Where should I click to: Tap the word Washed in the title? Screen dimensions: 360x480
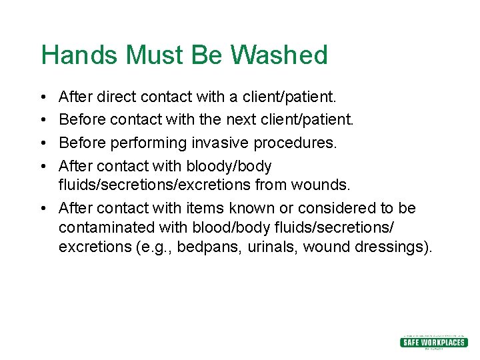pyautogui.click(x=281, y=55)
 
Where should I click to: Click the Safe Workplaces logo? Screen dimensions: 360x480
pyautogui.click(x=433, y=342)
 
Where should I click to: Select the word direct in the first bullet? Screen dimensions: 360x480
pyautogui.click(x=115, y=97)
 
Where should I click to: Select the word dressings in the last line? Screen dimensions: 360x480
pyautogui.click(x=396, y=247)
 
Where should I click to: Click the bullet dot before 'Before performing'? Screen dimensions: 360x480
pyautogui.click(x=43, y=143)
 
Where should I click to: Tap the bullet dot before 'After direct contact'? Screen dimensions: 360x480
pyautogui.click(x=43, y=97)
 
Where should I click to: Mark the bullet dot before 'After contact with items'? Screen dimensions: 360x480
pyautogui.click(x=43, y=208)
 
